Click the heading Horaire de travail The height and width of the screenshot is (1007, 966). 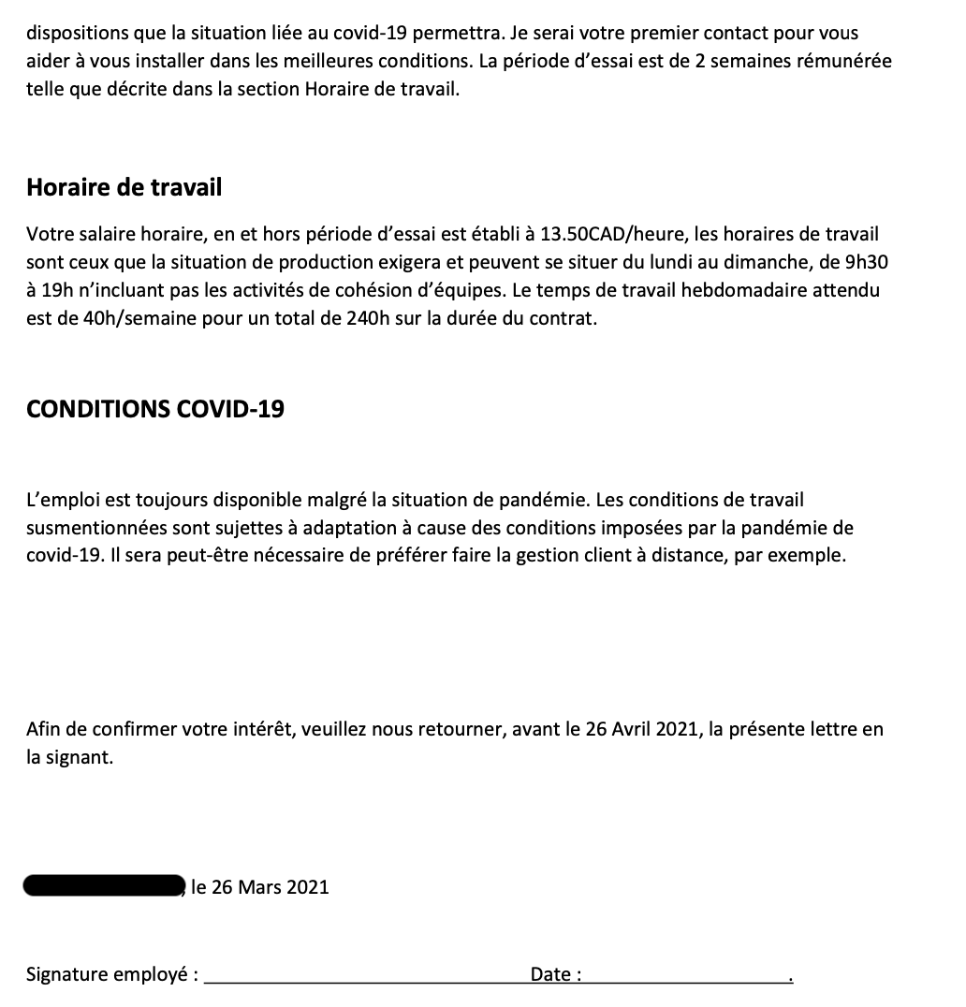(124, 187)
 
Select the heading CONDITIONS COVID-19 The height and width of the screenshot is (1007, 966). (155, 409)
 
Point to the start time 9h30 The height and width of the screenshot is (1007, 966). (865, 262)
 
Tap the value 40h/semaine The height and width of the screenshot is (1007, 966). (122, 318)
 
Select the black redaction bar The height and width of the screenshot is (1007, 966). (103, 885)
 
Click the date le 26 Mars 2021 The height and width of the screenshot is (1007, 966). (260, 887)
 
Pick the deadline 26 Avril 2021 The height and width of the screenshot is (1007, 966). (641, 729)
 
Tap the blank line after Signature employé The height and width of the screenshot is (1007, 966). (365, 978)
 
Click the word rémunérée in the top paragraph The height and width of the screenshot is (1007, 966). (845, 61)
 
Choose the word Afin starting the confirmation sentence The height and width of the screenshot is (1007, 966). (43, 729)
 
